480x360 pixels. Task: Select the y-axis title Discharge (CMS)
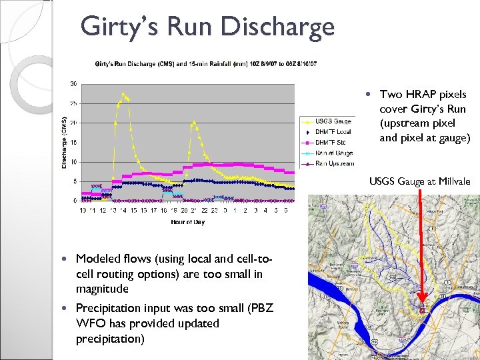click(x=64, y=142)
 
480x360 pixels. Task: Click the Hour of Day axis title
click(x=187, y=222)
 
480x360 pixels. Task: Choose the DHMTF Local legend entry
click(x=333, y=132)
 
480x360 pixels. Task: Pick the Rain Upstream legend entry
click(x=334, y=163)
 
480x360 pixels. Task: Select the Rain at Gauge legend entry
click(x=334, y=153)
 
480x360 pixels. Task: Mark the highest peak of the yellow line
click(x=123, y=94)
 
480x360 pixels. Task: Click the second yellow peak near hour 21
click(x=193, y=122)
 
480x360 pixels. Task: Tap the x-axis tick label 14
click(x=123, y=210)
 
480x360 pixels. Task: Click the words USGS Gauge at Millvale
click(x=419, y=181)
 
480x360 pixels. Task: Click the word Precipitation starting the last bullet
click(x=108, y=308)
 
